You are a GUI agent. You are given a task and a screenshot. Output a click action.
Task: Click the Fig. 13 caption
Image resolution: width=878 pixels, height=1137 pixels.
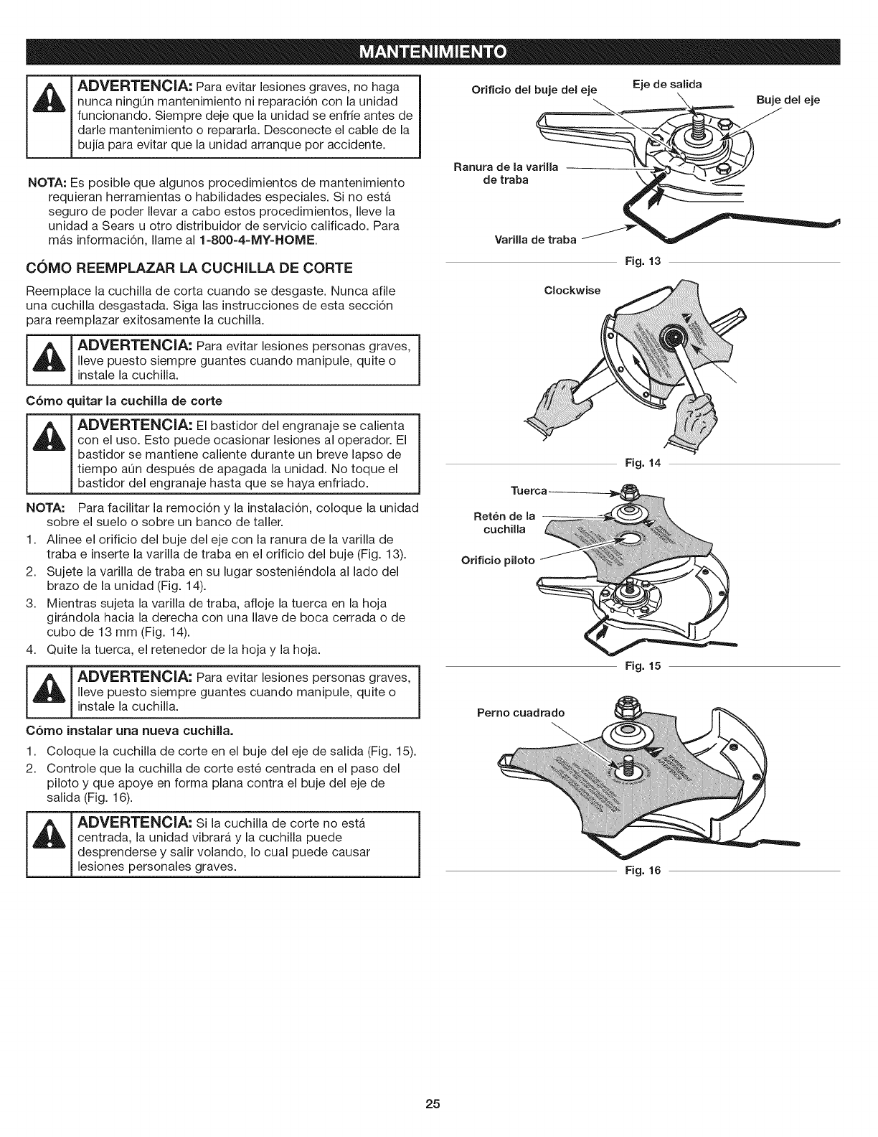(640, 263)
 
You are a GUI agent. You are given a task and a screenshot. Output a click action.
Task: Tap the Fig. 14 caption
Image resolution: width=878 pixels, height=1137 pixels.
(640, 464)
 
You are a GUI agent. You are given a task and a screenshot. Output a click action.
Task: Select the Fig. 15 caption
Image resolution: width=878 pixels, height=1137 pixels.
(640, 666)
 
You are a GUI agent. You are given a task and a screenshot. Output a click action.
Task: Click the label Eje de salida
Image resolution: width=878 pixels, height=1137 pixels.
(666, 84)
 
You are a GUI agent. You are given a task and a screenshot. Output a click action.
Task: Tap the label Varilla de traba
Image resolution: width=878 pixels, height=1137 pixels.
(542, 239)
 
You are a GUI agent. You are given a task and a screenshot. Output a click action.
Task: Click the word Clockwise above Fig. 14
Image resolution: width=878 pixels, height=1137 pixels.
(572, 291)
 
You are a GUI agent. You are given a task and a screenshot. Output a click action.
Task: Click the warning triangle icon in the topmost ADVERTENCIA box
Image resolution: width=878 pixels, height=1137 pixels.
(49, 116)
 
